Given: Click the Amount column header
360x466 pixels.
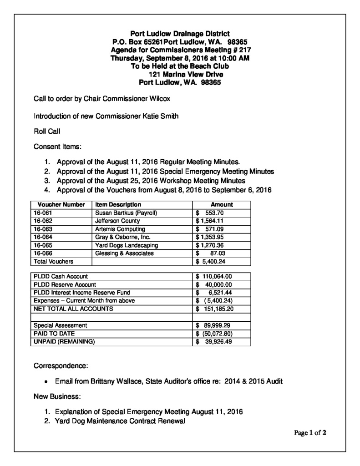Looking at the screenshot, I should (x=222, y=205).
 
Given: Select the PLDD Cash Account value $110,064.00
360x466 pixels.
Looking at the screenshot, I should (x=214, y=276).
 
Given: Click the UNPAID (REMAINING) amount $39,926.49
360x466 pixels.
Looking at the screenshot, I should (x=214, y=342).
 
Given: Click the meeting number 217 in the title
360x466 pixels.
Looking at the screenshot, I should (x=245, y=50).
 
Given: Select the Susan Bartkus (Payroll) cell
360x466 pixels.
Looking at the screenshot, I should (x=126, y=213).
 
